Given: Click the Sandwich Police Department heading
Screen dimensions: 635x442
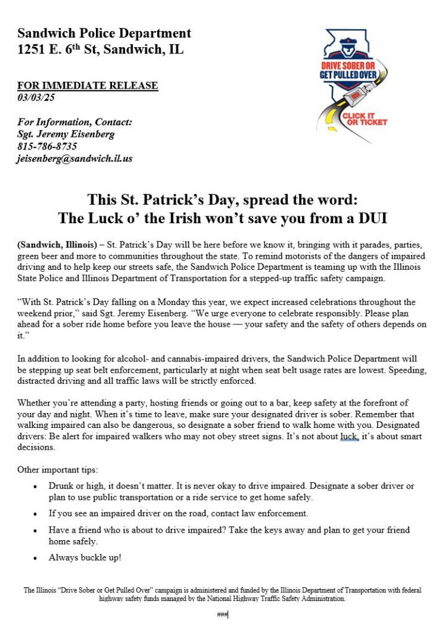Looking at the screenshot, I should (104, 33).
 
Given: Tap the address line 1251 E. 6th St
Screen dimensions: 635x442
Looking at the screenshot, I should (100, 50).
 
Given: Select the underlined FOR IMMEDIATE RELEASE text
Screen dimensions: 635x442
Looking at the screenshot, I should (87, 86).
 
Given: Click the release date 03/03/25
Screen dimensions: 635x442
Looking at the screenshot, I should (35, 97).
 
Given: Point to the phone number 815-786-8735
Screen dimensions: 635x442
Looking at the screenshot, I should (47, 146).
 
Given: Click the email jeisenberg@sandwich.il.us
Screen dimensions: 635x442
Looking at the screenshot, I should (74, 159).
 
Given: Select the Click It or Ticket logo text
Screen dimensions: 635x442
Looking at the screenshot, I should (364, 119).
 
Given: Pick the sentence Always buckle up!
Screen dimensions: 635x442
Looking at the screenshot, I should (85, 557).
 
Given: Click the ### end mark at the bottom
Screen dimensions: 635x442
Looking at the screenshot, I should (222, 615).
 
